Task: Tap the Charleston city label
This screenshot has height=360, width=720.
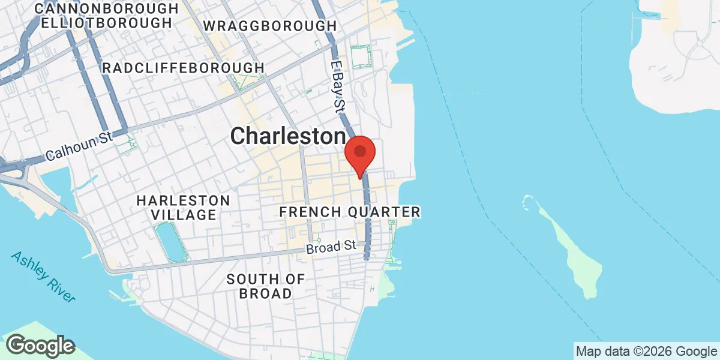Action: pyautogui.click(x=289, y=136)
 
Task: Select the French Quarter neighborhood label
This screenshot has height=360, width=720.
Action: pyautogui.click(x=350, y=212)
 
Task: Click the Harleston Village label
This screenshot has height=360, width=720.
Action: pyautogui.click(x=182, y=207)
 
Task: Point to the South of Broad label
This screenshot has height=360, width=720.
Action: pyautogui.click(x=265, y=286)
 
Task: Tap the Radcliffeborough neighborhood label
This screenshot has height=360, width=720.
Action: pyautogui.click(x=183, y=68)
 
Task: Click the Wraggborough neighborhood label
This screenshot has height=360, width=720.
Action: pyautogui.click(x=270, y=26)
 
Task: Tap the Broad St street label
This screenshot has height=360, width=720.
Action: pyautogui.click(x=331, y=247)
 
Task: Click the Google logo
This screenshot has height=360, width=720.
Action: pyautogui.click(x=40, y=346)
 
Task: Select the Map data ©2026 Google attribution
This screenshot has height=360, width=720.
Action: pyautogui.click(x=646, y=351)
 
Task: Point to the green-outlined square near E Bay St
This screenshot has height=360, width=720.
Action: pyautogui.click(x=361, y=56)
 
